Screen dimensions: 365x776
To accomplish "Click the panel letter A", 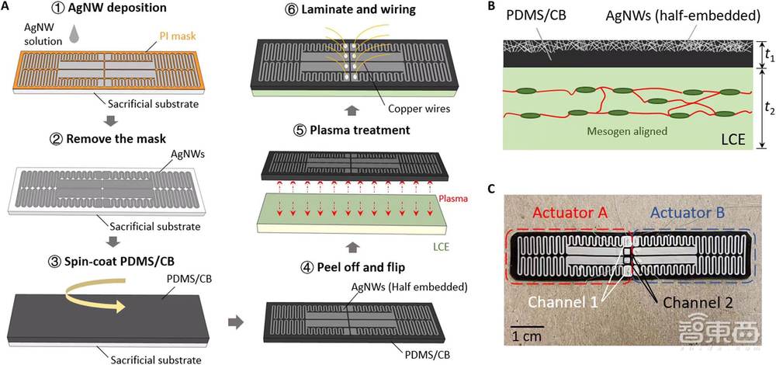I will click(x=6, y=7).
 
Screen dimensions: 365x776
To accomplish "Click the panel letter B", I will click(x=489, y=8).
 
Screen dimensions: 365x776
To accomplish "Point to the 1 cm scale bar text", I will click(x=528, y=336).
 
